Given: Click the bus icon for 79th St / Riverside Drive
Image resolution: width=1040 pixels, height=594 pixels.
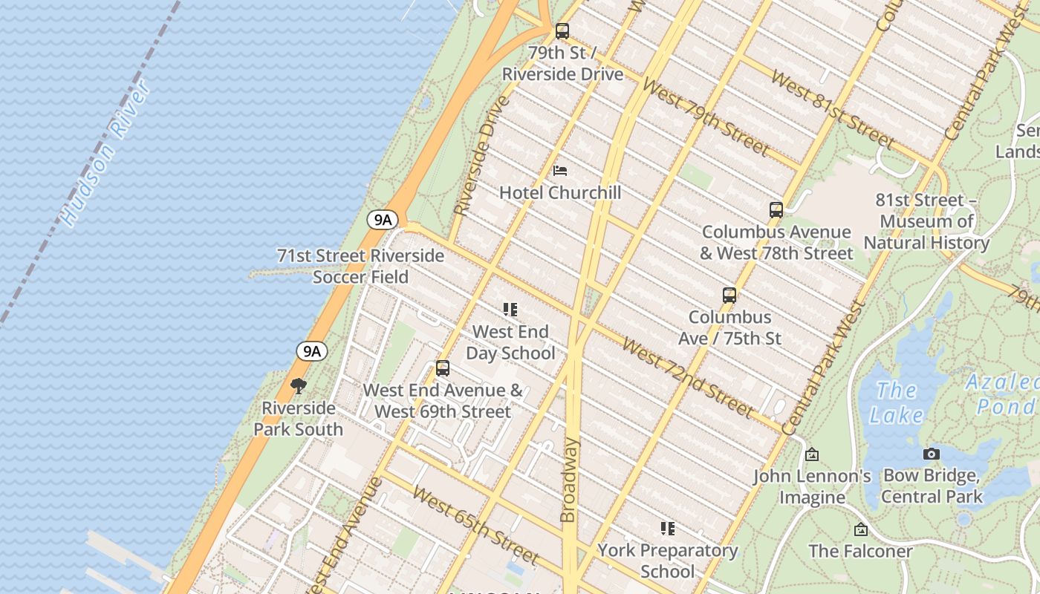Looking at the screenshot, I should [562, 31].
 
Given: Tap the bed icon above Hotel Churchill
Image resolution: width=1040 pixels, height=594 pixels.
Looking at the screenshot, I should [560, 171].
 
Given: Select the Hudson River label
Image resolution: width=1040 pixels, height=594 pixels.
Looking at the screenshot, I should [106, 154].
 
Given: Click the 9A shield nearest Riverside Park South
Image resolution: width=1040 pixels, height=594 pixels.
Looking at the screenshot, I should [311, 351].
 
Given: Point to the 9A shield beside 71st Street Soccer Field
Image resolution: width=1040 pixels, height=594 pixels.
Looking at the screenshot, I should [383, 220].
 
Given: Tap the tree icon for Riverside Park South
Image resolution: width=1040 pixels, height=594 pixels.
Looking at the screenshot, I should [299, 386].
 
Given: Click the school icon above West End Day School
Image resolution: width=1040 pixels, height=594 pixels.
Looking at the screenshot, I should [510, 310].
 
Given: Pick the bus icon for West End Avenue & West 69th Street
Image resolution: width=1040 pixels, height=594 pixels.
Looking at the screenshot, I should [443, 368].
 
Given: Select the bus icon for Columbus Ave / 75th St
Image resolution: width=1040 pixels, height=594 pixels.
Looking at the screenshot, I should [729, 296].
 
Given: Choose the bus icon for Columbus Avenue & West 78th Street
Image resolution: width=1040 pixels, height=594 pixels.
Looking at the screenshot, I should [776, 210].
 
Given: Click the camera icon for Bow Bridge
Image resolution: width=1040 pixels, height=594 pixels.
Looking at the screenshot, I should [932, 454].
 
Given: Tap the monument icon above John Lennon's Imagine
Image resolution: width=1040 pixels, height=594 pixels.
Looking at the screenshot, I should [812, 454].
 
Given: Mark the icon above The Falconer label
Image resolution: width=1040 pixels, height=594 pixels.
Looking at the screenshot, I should [860, 529].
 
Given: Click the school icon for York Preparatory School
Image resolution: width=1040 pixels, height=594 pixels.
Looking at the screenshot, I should [667, 529].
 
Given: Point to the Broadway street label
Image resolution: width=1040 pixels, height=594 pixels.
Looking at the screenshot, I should [568, 480].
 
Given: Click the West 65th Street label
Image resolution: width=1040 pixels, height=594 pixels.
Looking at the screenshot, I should [475, 525].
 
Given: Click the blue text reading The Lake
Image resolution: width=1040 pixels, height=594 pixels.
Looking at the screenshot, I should [897, 402].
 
